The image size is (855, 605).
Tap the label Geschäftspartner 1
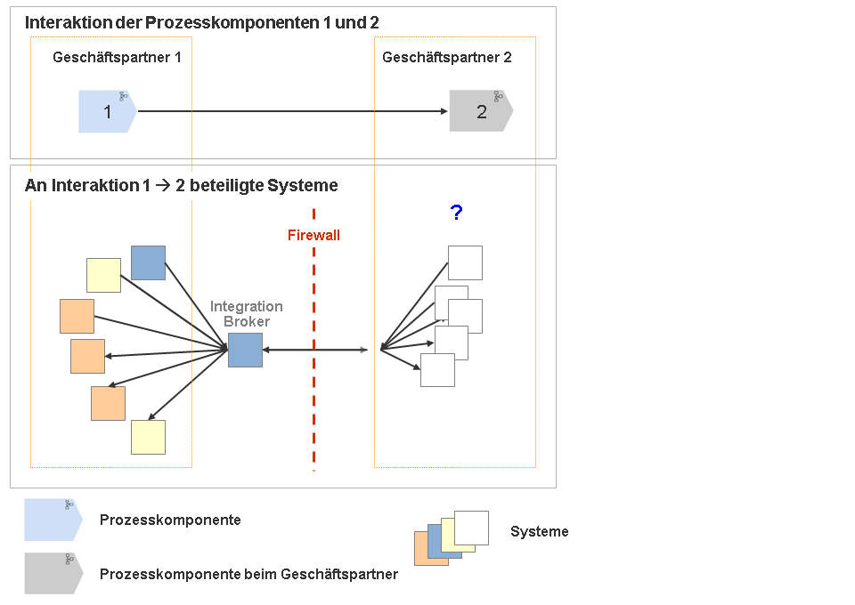click(117, 58)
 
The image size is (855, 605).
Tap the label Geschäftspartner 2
click(447, 58)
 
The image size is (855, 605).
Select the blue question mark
click(456, 213)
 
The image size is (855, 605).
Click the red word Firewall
click(313, 236)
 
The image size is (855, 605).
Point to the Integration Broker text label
click(246, 314)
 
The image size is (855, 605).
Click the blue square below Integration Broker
click(245, 350)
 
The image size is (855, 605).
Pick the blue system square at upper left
click(148, 262)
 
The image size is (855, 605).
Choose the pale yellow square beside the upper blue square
click(103, 275)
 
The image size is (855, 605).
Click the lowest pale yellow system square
click(148, 437)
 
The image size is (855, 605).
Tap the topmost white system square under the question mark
click(465, 262)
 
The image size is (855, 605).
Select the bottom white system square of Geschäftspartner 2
click(437, 370)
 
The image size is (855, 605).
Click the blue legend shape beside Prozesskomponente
click(52, 520)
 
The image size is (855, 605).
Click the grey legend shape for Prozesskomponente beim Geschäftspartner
click(52, 573)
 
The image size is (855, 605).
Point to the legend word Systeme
click(539, 532)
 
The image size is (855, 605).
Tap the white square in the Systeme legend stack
click(471, 528)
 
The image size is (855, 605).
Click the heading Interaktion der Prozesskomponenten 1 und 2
click(202, 23)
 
